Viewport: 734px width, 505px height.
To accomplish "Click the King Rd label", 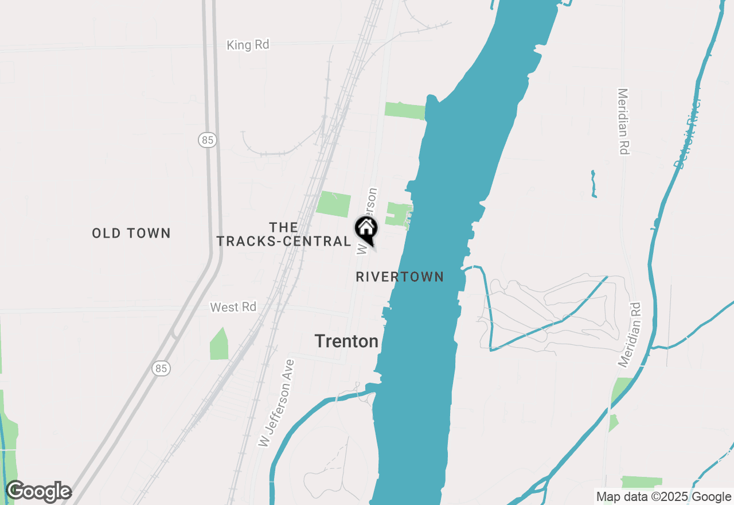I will tap(248, 45).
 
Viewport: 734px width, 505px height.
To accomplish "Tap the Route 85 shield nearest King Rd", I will tap(208, 139).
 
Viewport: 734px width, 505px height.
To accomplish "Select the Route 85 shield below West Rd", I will tap(162, 368).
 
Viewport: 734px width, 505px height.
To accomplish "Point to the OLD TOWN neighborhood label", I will tap(131, 233).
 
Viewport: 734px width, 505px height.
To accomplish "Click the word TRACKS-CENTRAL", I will tap(283, 241).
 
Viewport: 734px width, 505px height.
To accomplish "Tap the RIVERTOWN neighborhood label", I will tap(400, 277).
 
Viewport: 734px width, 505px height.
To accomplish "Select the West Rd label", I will tap(233, 307).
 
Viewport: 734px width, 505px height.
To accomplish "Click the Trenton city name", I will tap(346, 341).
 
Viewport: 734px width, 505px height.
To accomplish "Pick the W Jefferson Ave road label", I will tap(276, 403).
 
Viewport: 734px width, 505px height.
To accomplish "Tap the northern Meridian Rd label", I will tap(623, 121).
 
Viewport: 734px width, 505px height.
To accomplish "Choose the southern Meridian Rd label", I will tap(630, 335).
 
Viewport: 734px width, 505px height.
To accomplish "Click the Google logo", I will tap(38, 491).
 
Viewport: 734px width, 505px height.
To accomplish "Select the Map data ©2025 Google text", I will tap(663, 497).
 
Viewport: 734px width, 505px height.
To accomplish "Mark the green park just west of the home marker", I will tap(333, 204).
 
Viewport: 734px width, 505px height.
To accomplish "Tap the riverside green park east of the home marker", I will tap(398, 214).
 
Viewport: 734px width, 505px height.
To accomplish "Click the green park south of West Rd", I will tap(219, 345).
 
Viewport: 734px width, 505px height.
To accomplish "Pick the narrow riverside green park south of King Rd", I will tap(404, 111).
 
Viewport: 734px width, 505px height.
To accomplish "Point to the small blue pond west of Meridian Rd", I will tap(594, 184).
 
